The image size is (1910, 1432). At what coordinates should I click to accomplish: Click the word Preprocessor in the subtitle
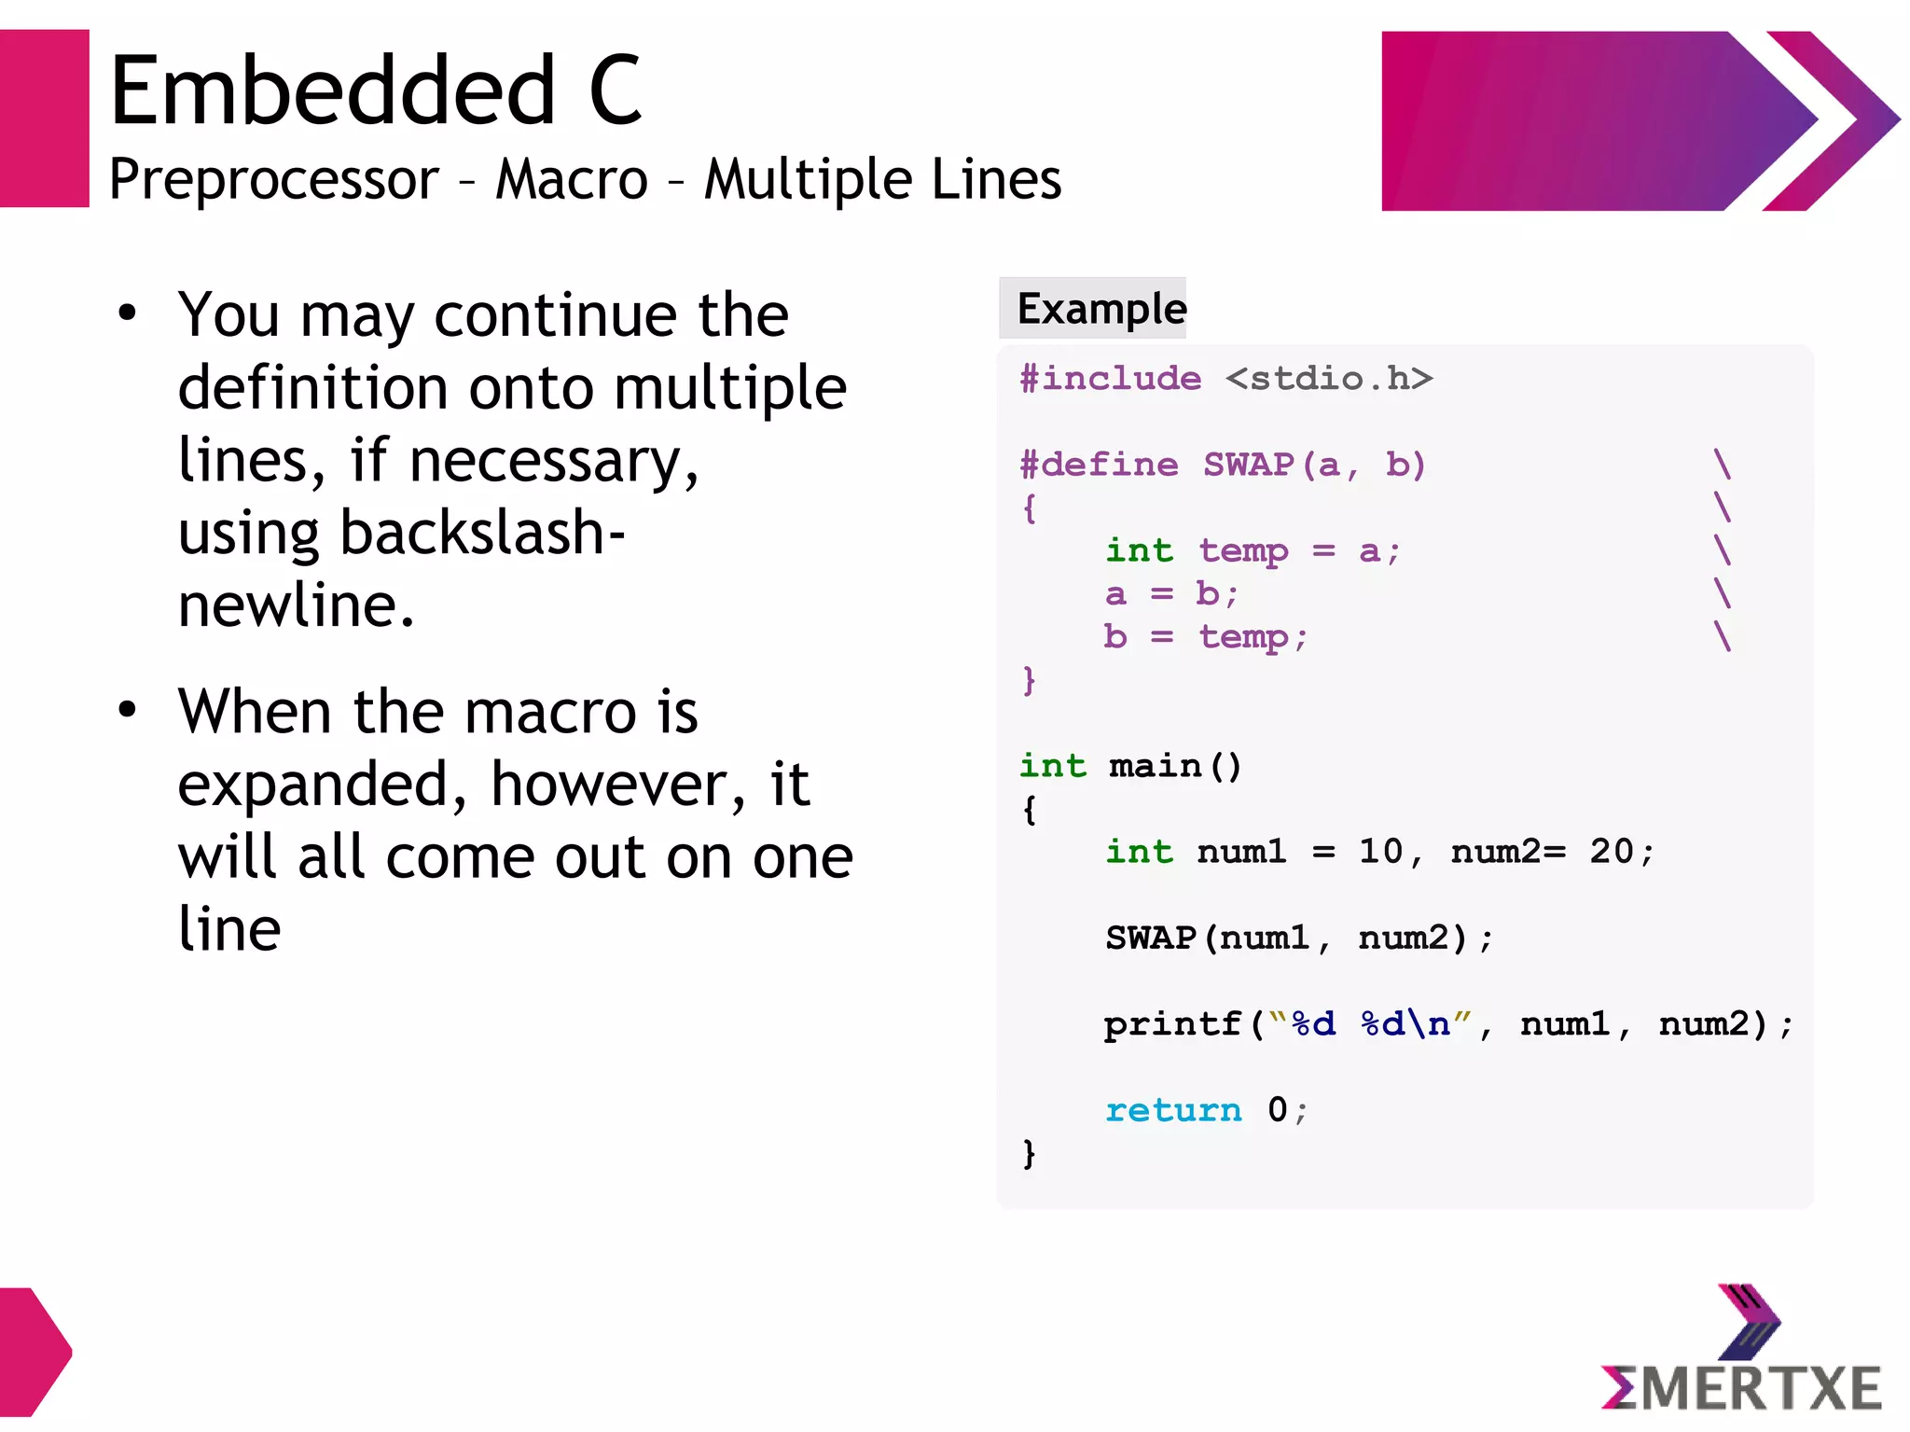pos(273,179)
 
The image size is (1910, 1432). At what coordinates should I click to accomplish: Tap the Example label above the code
pos(1100,309)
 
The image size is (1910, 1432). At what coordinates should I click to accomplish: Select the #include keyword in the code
pos(1110,379)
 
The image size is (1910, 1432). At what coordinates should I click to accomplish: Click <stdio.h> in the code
pos(1329,379)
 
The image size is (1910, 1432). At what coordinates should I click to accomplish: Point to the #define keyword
pos(1099,465)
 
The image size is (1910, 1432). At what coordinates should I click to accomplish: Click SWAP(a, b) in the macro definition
pos(1313,465)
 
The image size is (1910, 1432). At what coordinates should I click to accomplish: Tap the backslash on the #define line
pos(1722,464)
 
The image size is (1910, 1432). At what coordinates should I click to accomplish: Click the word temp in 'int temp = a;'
pos(1243,551)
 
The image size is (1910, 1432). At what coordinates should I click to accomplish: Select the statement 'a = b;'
pos(1171,594)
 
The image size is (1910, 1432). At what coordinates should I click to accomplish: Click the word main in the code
pos(1155,767)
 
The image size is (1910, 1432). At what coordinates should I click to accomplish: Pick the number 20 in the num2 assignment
pos(1611,852)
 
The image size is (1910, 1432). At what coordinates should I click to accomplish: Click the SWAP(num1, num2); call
pos(1298,938)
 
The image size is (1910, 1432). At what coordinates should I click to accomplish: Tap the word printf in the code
pos(1172,1024)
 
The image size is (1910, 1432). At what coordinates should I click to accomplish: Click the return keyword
pos(1172,1110)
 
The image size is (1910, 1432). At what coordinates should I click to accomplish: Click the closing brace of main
pos(1029,1154)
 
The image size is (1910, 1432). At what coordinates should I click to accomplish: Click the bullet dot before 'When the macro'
pos(127,710)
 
